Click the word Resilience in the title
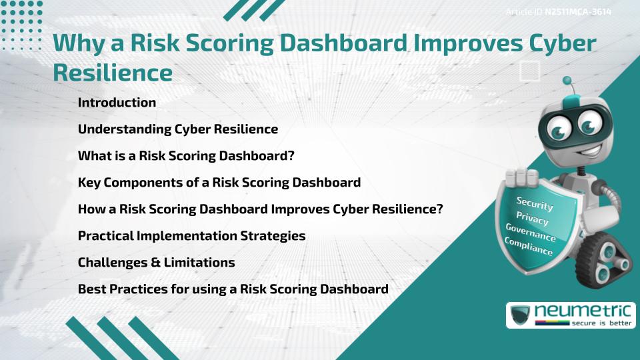coord(113,72)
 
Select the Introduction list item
coord(117,103)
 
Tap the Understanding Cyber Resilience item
coord(177,129)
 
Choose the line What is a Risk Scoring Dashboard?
coord(186,156)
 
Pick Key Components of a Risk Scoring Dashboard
coord(219,183)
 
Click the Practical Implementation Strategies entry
coord(191,236)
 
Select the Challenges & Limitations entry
coord(156,263)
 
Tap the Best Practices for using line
coord(233,289)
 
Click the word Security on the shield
coord(535,204)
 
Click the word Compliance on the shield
coord(528,247)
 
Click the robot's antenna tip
coord(569,81)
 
